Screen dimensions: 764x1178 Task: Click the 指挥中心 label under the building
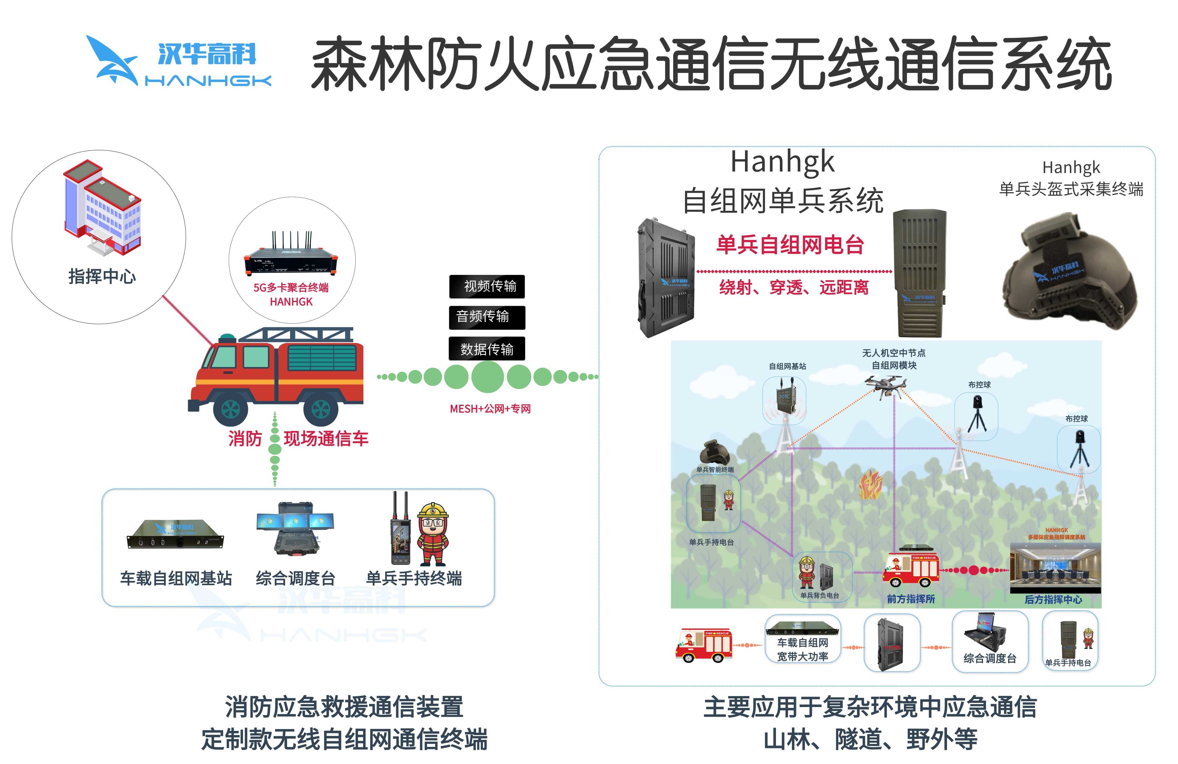click(102, 276)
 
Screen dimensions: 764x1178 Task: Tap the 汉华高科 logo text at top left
click(207, 53)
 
